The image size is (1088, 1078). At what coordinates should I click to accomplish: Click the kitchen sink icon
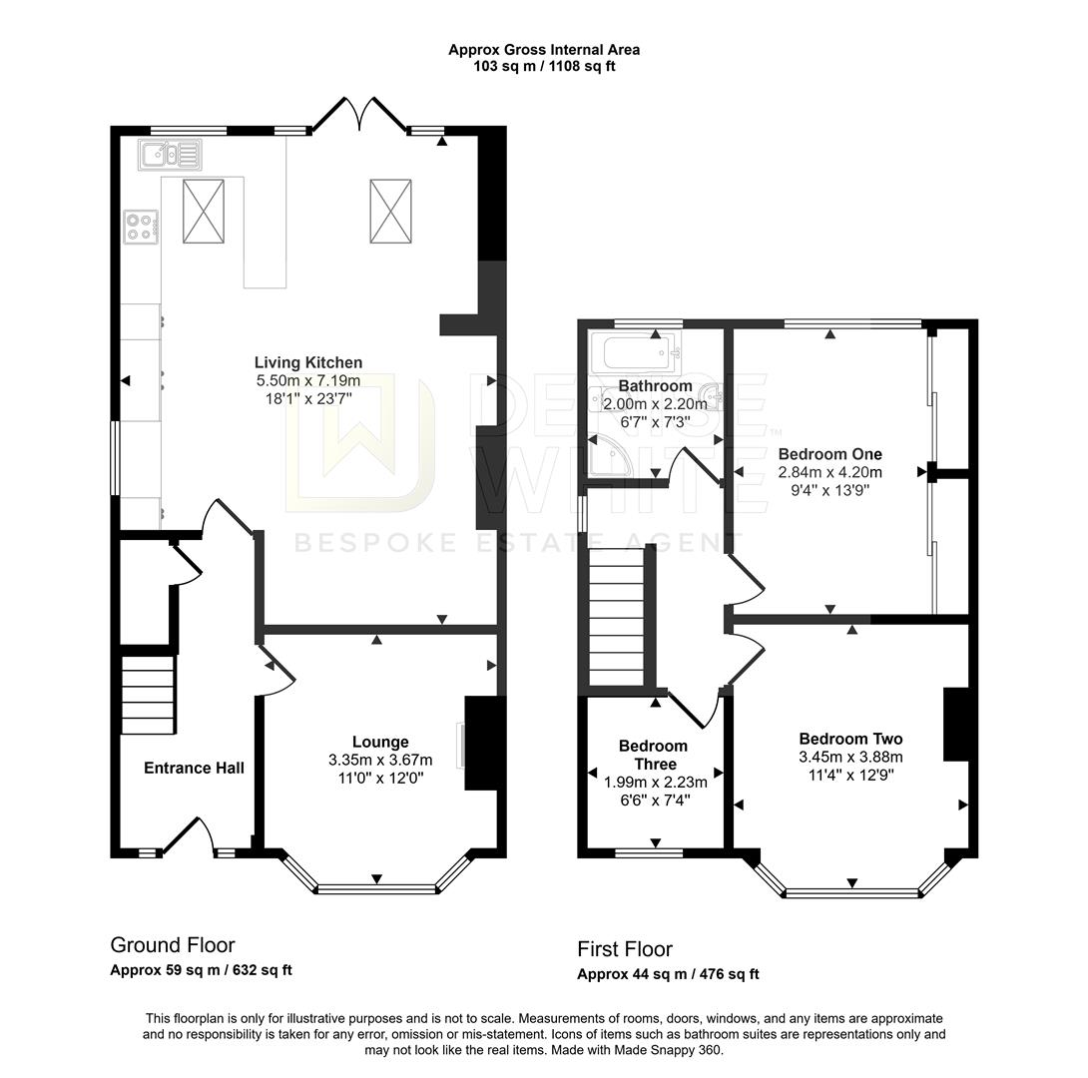[171, 155]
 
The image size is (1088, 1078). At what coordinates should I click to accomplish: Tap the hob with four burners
[140, 227]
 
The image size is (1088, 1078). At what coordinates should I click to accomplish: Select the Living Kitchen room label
[307, 362]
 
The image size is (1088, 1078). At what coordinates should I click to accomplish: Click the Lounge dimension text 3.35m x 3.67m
[380, 760]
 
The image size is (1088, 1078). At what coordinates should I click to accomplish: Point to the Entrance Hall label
[194, 768]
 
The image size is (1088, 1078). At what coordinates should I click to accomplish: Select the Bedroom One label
[829, 453]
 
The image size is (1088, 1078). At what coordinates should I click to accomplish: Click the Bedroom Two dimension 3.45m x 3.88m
[850, 757]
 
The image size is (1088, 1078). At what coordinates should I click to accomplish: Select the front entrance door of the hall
[187, 836]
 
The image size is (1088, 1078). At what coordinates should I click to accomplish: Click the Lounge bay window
[377, 886]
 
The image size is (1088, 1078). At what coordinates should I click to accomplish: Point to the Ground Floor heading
[172, 945]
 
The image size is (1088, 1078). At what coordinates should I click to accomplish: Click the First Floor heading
[625, 949]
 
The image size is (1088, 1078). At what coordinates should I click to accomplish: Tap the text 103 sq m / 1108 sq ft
[544, 67]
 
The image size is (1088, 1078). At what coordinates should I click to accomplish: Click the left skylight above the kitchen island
[204, 211]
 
